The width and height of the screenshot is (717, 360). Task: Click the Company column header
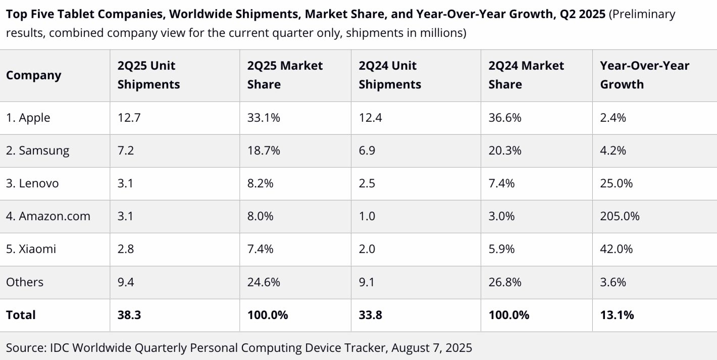click(x=33, y=75)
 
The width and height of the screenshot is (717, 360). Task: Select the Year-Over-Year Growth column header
click(x=644, y=75)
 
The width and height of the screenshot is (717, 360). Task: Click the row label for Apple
click(x=28, y=118)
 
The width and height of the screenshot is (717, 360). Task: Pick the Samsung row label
click(x=38, y=150)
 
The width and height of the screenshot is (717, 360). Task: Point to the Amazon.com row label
click(x=48, y=216)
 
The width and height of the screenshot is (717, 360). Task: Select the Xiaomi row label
click(x=31, y=249)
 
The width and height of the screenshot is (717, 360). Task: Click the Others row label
click(x=25, y=282)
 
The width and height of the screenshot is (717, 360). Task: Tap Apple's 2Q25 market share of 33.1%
click(x=264, y=118)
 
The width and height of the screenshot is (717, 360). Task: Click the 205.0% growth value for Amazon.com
click(x=620, y=216)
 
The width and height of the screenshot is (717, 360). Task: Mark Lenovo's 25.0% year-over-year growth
click(x=616, y=183)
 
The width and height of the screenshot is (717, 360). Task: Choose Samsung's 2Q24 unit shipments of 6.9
click(x=367, y=150)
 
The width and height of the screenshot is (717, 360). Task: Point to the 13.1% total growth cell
click(x=617, y=315)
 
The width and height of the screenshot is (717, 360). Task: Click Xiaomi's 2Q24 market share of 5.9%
click(x=501, y=249)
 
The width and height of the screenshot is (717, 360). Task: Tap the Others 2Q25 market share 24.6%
click(x=264, y=282)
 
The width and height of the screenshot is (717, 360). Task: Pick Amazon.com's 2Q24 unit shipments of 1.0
click(x=367, y=216)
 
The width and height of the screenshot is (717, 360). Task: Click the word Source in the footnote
click(x=24, y=347)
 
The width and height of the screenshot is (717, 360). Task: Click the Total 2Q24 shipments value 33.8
click(x=370, y=315)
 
